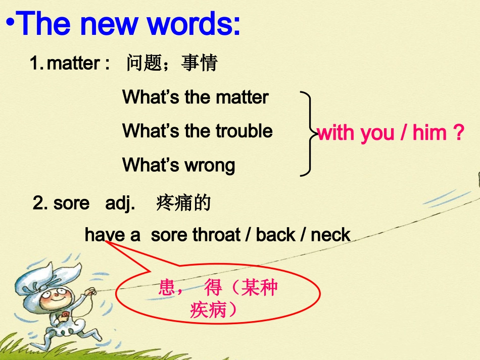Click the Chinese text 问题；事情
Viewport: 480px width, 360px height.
(x=172, y=64)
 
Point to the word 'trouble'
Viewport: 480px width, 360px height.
(x=244, y=131)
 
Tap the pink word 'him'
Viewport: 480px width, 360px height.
(x=429, y=133)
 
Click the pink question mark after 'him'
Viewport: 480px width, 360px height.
(x=458, y=133)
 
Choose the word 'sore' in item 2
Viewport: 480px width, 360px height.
(x=71, y=203)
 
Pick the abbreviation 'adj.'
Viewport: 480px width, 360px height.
(x=120, y=203)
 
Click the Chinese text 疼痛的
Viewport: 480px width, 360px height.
(x=183, y=203)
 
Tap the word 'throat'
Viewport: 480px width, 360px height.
(x=219, y=235)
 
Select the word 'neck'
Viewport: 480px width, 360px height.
(x=330, y=235)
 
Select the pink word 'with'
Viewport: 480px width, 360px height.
(x=336, y=133)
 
